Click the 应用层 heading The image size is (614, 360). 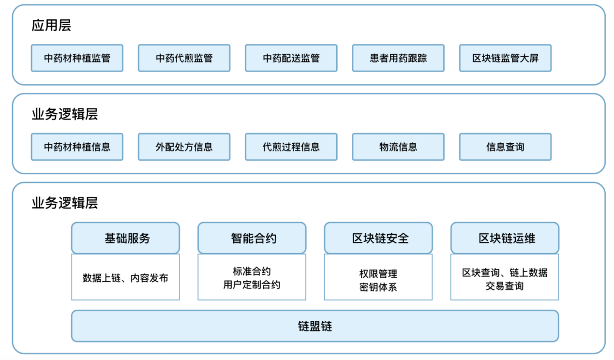coord(51,26)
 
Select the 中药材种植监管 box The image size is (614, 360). coord(77,58)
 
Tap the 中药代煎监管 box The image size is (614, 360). coord(184,58)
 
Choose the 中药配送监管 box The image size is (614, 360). coord(291,58)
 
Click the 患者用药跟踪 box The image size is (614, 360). coord(398,58)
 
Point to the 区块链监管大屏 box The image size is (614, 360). coord(505,58)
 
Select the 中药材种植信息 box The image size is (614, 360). coord(77,147)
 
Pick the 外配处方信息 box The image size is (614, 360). coord(184,147)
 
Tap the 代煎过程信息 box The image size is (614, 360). coord(291,147)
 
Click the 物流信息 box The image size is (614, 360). coord(398,147)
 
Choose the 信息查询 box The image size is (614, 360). coord(505,147)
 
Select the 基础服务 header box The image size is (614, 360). coord(125,238)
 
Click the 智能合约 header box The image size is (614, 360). coord(252,238)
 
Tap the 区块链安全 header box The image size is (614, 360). coord(378,238)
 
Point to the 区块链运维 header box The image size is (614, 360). coord(505,238)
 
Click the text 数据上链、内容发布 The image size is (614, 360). coord(125,278)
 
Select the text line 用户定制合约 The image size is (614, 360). coord(252,285)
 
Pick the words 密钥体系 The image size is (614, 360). coord(378,287)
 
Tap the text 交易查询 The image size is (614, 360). coord(505,286)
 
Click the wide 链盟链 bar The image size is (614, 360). coord(315,326)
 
